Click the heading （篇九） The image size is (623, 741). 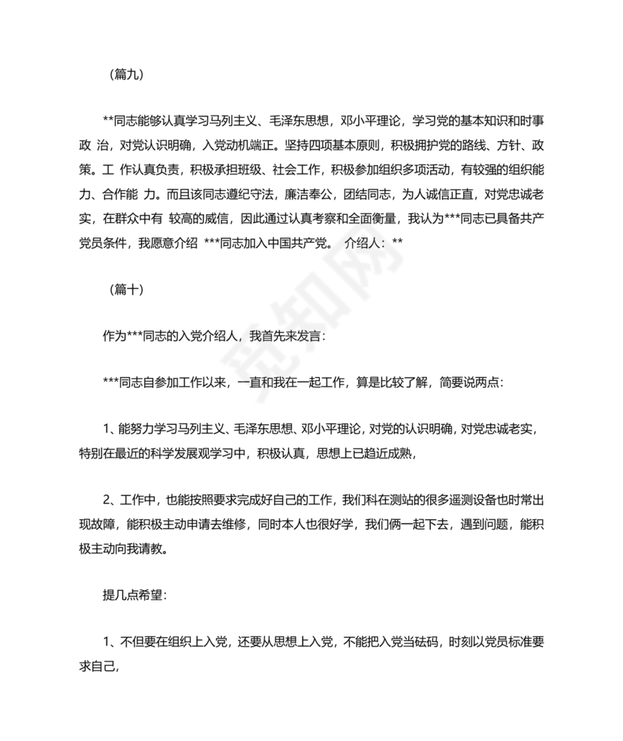click(x=123, y=75)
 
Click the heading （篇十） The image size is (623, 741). click(x=123, y=289)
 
